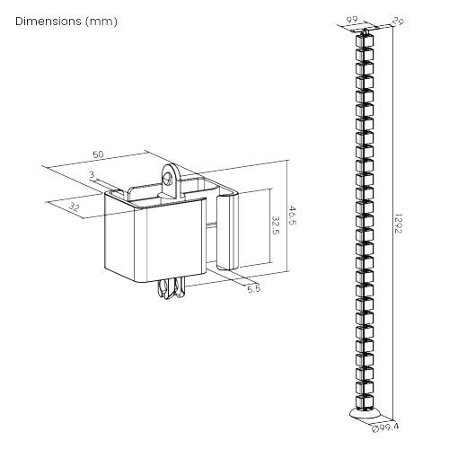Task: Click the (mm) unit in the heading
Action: click(101, 20)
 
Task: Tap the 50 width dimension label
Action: click(98, 154)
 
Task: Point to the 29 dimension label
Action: click(396, 22)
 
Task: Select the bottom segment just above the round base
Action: click(367, 401)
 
